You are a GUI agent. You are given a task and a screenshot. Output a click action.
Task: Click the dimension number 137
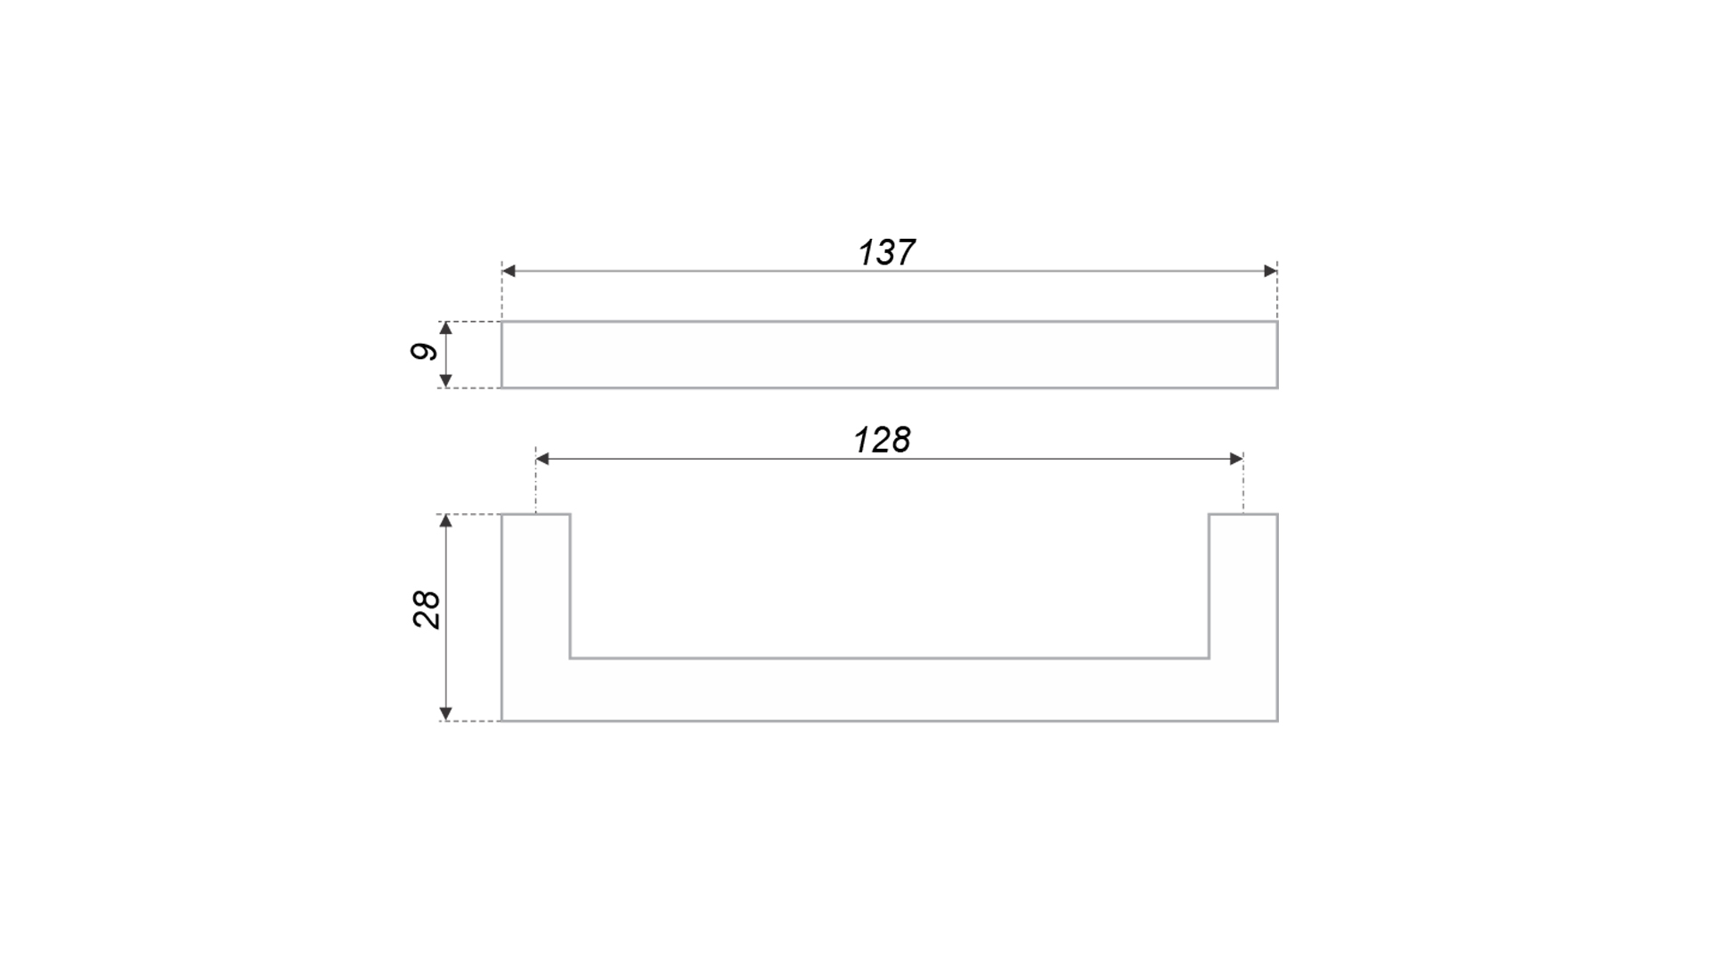[886, 253]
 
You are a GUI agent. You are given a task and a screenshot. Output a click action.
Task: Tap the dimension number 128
[882, 440]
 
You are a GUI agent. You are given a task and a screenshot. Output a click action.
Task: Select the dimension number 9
[425, 352]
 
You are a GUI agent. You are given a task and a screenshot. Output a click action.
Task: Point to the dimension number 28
[427, 610]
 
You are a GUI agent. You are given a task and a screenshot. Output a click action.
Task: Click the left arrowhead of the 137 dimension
[509, 271]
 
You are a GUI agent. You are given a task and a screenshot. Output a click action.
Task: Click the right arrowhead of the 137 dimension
[1271, 271]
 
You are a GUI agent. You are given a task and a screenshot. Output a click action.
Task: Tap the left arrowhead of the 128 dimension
[542, 459]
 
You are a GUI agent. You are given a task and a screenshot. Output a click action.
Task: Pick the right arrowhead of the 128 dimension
[1236, 459]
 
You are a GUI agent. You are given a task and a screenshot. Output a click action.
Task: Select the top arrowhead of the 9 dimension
[446, 329]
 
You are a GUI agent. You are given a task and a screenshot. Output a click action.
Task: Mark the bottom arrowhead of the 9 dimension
[446, 381]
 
